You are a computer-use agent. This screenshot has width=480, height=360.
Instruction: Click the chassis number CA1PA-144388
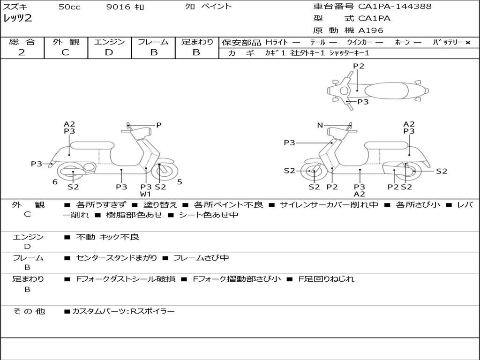pos(395,7)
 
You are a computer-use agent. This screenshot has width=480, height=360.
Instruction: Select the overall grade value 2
pos(22,52)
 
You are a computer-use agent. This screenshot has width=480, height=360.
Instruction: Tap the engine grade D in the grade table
pos(109,52)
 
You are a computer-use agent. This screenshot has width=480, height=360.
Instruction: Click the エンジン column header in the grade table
pos(109,42)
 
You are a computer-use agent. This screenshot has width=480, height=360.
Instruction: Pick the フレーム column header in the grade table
pos(153,42)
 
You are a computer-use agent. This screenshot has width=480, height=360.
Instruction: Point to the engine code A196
pos(371,30)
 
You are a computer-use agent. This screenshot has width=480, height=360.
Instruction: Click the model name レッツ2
pos(18,19)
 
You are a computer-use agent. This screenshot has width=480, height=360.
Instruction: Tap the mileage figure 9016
pos(117,7)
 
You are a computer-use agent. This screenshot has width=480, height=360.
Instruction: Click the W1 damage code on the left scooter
pos(146,194)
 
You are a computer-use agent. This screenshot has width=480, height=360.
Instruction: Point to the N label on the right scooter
pos(320,125)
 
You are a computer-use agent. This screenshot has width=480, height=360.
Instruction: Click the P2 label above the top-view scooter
pos(359,66)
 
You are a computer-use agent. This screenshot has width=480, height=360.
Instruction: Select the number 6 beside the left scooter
pos(55,182)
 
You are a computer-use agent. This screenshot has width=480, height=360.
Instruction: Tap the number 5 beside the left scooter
pos(180,182)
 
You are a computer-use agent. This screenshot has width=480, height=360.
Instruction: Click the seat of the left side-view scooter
pos(92,145)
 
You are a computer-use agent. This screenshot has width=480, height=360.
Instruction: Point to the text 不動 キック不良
pos(107,238)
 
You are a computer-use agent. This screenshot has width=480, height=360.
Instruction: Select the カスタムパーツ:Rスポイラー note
pos(123,311)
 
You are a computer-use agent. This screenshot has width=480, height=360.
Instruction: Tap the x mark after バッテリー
pos(468,42)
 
